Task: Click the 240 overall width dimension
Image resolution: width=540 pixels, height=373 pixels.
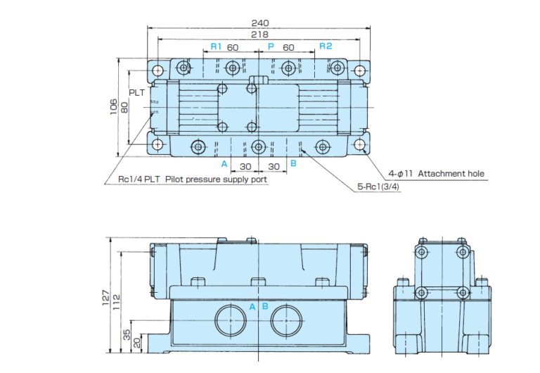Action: click(259, 22)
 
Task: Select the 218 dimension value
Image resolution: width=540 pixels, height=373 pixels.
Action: click(259, 34)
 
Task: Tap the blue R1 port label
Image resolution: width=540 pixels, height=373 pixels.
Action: click(216, 46)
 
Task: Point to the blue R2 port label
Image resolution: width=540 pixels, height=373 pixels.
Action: click(325, 46)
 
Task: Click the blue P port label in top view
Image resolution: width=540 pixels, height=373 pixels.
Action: click(270, 46)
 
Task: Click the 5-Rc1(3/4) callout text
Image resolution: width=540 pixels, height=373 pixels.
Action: click(378, 188)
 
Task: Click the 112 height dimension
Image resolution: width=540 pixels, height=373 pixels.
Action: click(117, 301)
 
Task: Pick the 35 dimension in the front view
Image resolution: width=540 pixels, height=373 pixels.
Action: click(127, 334)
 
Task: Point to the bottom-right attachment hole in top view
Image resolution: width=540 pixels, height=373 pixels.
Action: click(361, 145)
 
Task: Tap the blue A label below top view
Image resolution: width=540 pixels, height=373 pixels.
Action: click(224, 164)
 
